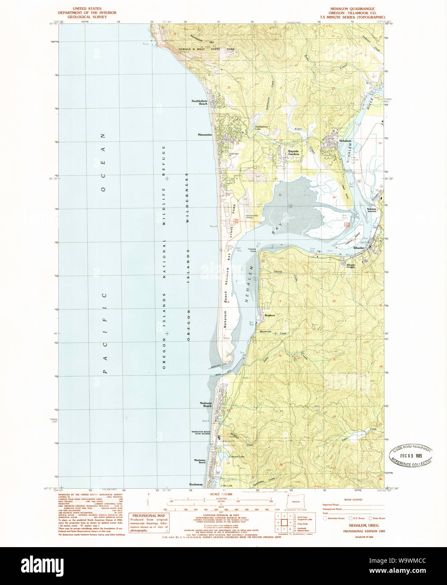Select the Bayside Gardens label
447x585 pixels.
[x=294, y=152]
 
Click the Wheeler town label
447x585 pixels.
[x=358, y=248]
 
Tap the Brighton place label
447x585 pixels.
[x=270, y=315]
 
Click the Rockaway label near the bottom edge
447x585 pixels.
[x=196, y=484]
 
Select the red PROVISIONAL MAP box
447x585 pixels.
[x=149, y=523]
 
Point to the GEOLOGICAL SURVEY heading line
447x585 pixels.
[x=89, y=17]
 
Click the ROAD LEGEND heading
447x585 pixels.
[x=353, y=500]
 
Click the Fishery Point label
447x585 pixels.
[x=255, y=250]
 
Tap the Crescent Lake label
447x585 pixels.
[x=236, y=457]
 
